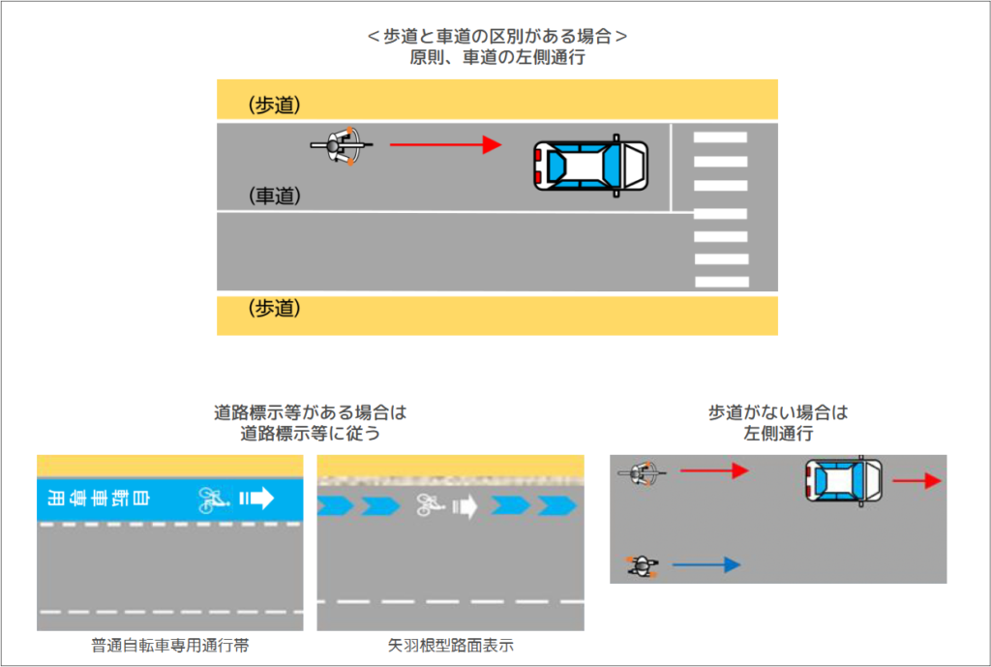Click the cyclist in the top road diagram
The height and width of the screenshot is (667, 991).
pos(342,146)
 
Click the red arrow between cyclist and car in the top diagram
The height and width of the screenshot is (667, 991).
pos(445,145)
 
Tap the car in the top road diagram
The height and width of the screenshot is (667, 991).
pos(590,166)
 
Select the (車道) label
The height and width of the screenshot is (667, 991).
pos(275,196)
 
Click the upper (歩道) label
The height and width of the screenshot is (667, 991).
pos(275,105)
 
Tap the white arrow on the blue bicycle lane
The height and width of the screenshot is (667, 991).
pos(256,499)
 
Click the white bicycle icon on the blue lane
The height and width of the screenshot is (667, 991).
pos(212,499)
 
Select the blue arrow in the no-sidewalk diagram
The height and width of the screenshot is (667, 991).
pos(706,564)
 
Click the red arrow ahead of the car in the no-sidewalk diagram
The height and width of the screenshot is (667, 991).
pos(916,480)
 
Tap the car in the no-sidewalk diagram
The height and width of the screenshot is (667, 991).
pos(843,480)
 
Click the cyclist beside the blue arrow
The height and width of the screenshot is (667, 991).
pos(642,565)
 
